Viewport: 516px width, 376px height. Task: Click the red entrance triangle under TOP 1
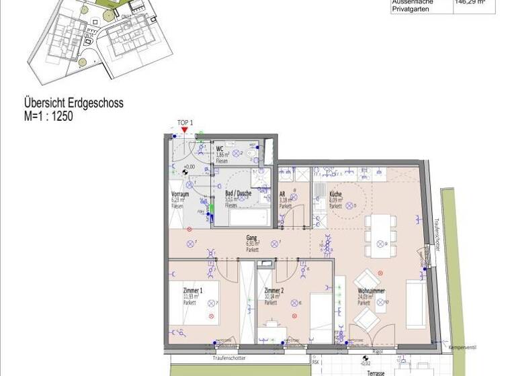click(185, 130)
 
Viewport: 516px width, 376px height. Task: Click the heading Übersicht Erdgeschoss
click(74, 104)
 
